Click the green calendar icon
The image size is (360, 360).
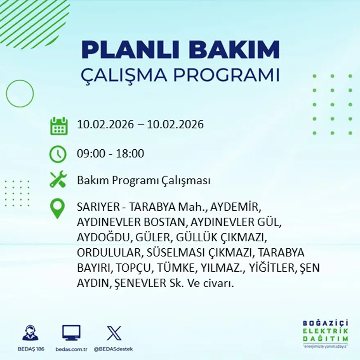(x=59, y=126)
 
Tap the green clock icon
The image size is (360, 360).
(x=58, y=154)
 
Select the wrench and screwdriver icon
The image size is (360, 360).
(x=58, y=180)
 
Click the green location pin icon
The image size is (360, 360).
(x=57, y=208)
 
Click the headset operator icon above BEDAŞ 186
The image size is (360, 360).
(x=31, y=333)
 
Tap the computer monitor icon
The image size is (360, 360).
(x=71, y=333)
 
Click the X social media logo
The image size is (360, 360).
(x=114, y=333)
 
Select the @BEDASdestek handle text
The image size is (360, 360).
(x=113, y=349)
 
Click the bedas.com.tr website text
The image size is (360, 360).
(x=72, y=349)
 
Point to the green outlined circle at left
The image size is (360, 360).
(x=20, y=94)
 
